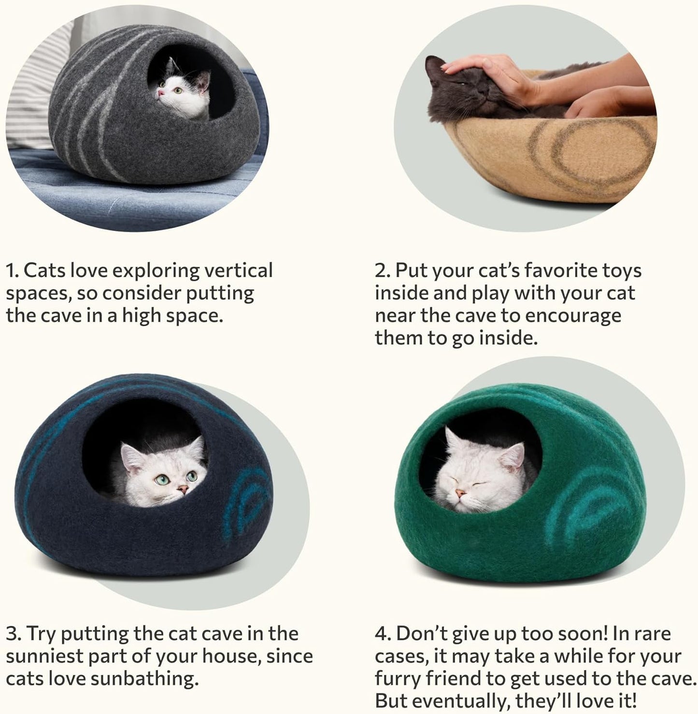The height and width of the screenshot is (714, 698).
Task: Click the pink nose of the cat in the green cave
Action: click(462, 493)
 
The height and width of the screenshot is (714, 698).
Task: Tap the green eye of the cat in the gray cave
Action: click(177, 90)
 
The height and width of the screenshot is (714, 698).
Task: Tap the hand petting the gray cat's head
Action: click(488, 72)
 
